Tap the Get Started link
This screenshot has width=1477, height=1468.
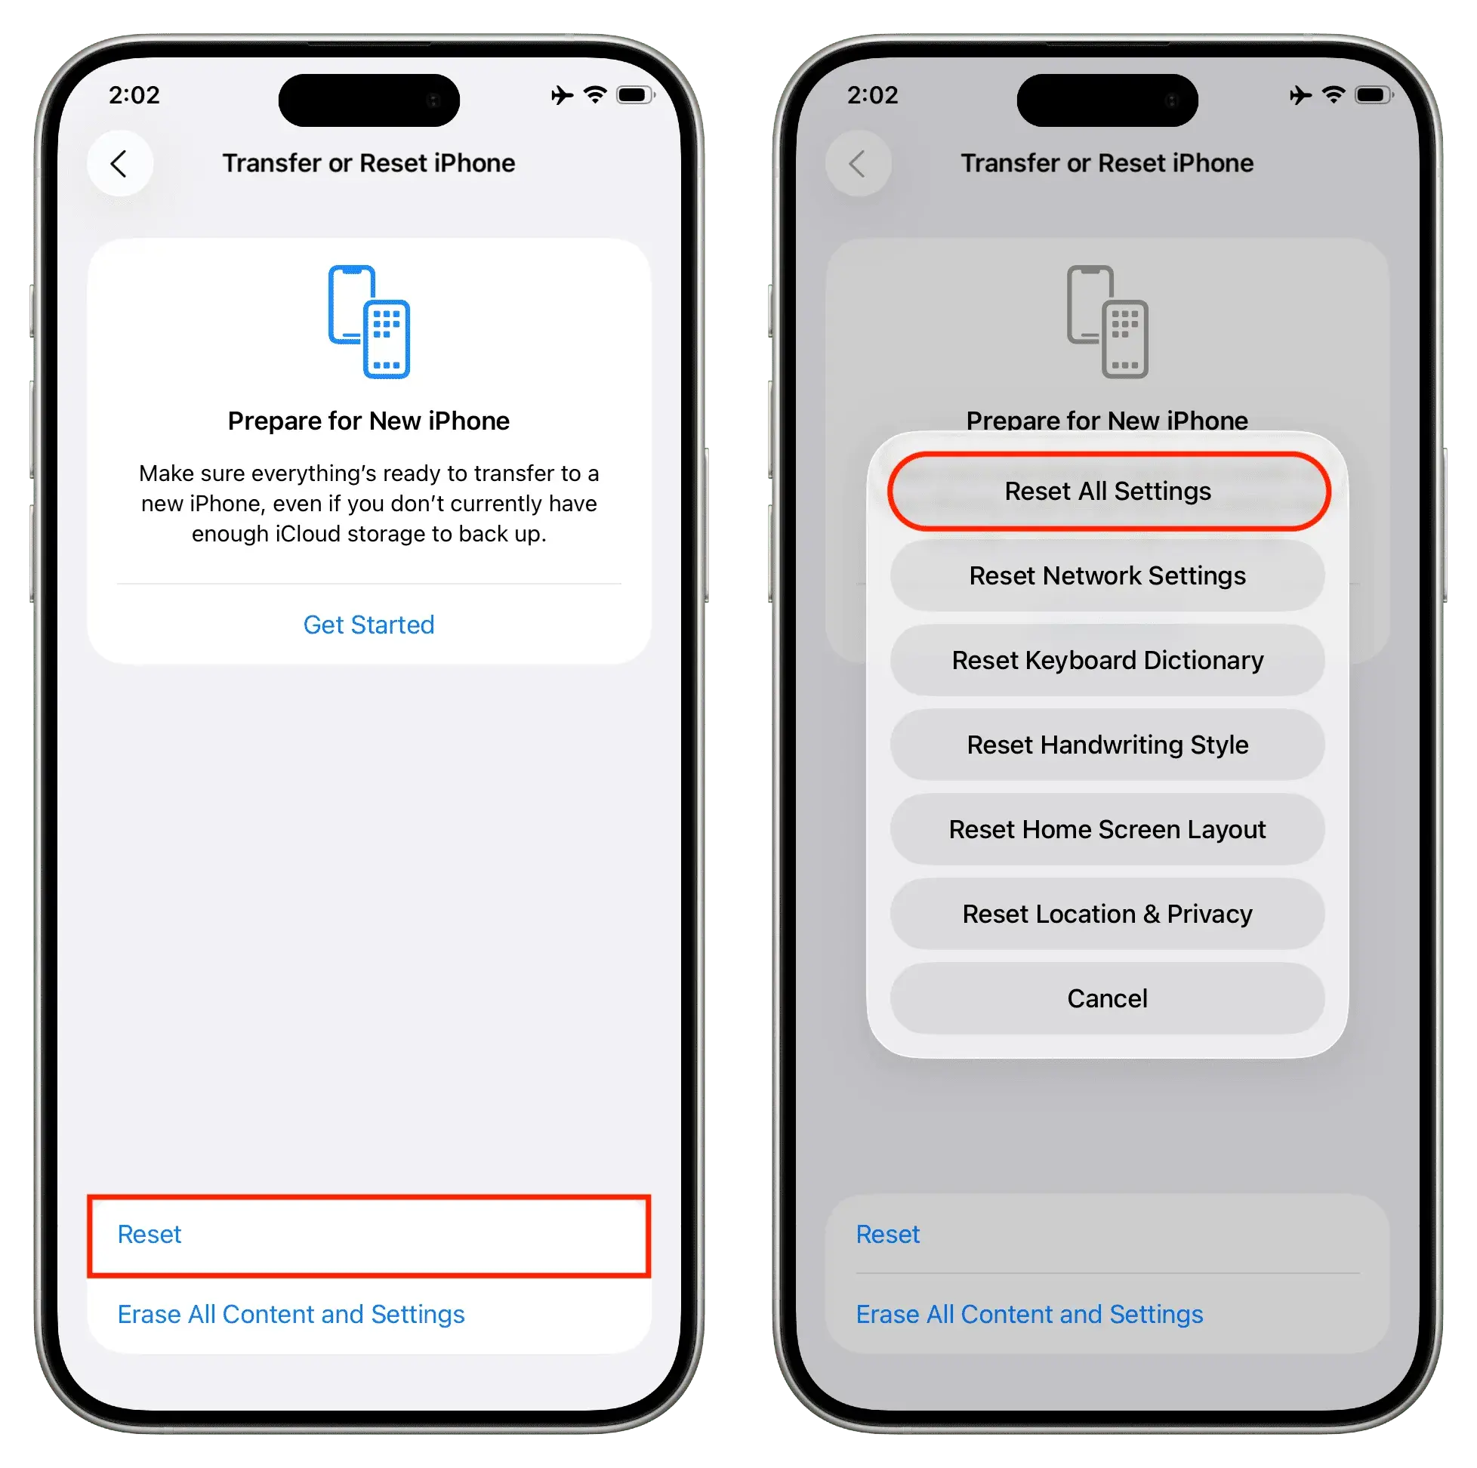tap(368, 625)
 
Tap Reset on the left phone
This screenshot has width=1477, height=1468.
tap(149, 1234)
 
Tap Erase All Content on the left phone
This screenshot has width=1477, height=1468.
tap(291, 1313)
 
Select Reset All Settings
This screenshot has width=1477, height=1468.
tap(1108, 491)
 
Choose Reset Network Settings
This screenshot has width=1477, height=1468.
tap(1108, 575)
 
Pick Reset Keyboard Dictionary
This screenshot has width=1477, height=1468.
tap(1108, 660)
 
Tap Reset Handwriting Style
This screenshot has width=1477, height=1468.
tap(1108, 745)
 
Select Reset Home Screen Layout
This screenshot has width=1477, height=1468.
tap(1108, 830)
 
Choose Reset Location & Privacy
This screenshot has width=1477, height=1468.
tap(1108, 914)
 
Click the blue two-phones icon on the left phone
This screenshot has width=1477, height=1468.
tap(369, 322)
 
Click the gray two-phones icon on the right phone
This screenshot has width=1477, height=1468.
tap(1108, 322)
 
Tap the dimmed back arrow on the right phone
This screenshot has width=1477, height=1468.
tap(858, 164)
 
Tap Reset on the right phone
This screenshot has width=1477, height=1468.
tap(887, 1234)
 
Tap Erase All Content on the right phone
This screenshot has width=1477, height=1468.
tap(1029, 1313)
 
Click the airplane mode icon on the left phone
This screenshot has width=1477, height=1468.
tap(562, 96)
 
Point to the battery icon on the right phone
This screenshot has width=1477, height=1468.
tap(1374, 96)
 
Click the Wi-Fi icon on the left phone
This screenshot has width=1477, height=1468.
tap(595, 95)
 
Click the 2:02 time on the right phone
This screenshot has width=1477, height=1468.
tap(873, 95)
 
